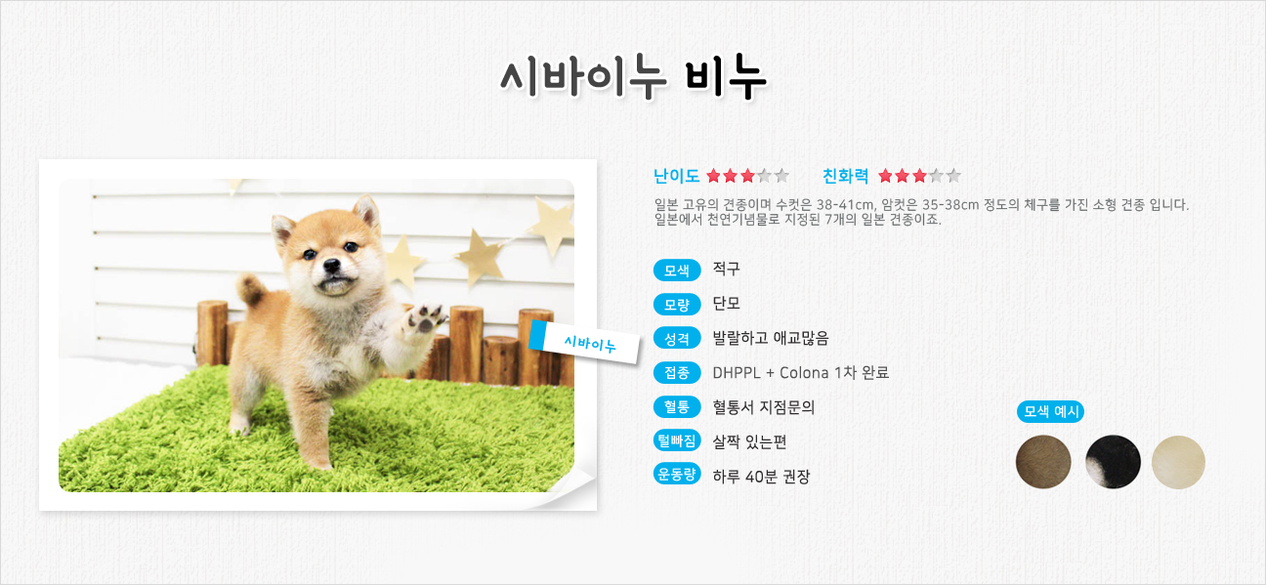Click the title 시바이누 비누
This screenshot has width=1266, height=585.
633,78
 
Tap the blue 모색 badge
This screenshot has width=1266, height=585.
677,271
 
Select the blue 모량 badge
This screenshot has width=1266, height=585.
677,305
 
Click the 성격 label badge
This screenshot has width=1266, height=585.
677,339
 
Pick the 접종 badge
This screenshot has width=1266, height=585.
677,372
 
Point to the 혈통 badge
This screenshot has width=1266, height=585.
677,406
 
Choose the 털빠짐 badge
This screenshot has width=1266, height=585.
677,440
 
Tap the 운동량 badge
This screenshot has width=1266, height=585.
677,474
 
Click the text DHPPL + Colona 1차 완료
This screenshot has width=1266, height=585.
800,372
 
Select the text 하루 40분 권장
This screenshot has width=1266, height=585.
761,477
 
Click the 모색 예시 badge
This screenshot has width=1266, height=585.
1050,411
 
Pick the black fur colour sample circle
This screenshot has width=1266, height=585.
1113,462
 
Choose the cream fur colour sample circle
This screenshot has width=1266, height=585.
1178,462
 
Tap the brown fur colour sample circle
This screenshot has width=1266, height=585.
1043,462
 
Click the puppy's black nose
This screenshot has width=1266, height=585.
332,265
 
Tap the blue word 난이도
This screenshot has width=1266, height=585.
677,176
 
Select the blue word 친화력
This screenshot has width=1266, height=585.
846,176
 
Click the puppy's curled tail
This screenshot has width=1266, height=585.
252,289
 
